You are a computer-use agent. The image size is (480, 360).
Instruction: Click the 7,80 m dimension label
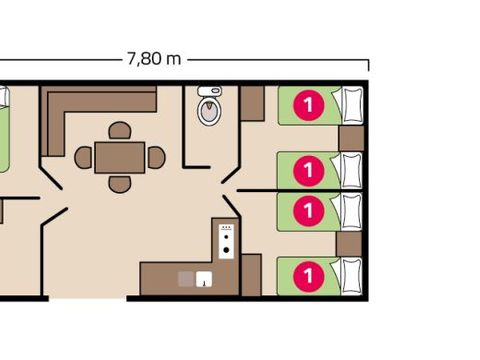pyautogui.click(x=154, y=58)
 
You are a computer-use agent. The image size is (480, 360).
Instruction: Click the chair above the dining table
pyautogui.click(x=119, y=131)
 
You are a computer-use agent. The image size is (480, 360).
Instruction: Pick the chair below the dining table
pyautogui.click(x=119, y=183)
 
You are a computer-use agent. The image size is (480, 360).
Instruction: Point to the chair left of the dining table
pyautogui.click(x=84, y=157)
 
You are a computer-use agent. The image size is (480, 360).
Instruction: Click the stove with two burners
pyautogui.click(x=226, y=241)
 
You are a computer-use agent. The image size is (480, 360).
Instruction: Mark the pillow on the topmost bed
pyautogui.click(x=350, y=103)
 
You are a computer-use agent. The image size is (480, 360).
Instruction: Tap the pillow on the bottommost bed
pyautogui.click(x=350, y=272)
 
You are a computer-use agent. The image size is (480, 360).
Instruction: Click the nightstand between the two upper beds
pyautogui.click(x=350, y=137)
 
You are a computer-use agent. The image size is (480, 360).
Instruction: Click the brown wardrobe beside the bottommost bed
pyautogui.click(x=251, y=274)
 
